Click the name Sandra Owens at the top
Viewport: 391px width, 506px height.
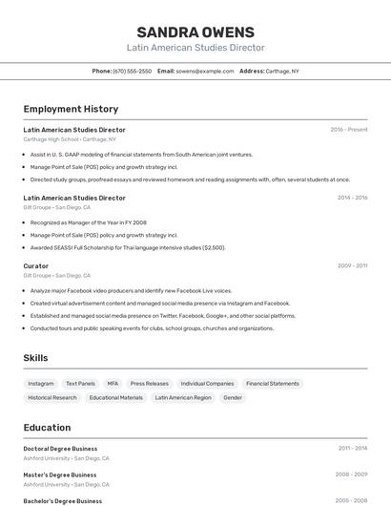(195, 32)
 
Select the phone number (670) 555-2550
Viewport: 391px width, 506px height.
(132, 71)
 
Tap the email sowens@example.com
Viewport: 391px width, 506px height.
(204, 71)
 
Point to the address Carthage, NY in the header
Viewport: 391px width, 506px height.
(281, 71)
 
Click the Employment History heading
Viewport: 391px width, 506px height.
(71, 109)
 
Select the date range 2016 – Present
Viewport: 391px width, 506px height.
(348, 130)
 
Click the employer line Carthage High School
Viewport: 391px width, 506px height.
(70, 139)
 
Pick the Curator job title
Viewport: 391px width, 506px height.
(36, 266)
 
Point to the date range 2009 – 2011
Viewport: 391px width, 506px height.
(351, 266)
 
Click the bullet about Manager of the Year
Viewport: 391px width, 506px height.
(89, 221)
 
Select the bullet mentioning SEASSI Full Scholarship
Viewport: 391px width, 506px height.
(128, 247)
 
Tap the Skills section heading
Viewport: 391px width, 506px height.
(36, 358)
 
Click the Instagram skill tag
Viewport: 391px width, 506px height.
(41, 383)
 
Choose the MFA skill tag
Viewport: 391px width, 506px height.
(113, 383)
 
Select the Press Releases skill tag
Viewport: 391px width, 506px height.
(149, 383)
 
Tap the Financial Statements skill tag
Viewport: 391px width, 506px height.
(272, 383)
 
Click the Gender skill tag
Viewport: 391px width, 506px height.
(233, 397)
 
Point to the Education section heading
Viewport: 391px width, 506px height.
(47, 428)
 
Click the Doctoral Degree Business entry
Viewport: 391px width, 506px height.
(60, 448)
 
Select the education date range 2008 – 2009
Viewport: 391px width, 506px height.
(351, 474)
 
